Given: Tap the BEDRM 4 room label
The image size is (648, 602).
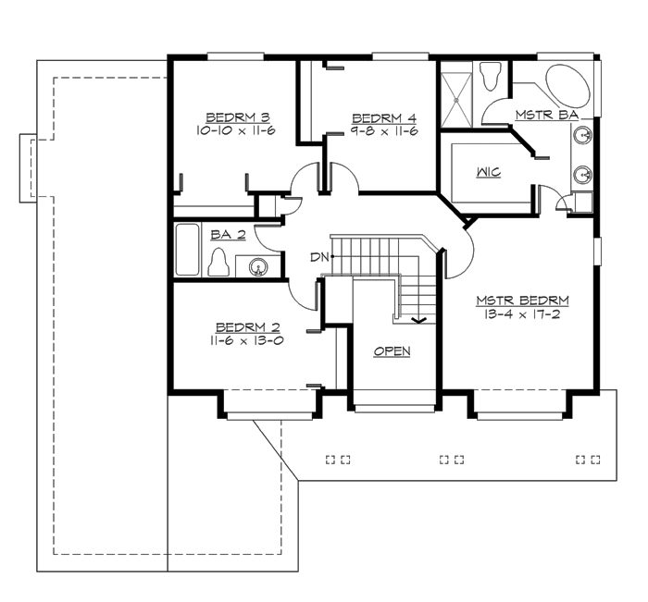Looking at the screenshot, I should pos(384,117).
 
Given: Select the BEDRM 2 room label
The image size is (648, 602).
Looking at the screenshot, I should pos(242,327).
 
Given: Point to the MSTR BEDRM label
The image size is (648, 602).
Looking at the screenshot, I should pos(522,301).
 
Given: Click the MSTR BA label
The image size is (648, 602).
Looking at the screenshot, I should pos(547,114).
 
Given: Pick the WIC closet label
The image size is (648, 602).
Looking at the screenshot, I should pos(489,173).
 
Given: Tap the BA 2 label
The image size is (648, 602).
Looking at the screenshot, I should pos(227,235).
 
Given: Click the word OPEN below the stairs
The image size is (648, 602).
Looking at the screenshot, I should pos(392,351).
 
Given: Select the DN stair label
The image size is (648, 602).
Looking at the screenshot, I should pos(319,256).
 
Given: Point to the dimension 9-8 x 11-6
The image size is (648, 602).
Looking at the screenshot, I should pos(384,131).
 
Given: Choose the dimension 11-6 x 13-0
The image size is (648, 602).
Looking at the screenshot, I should pos(242,340).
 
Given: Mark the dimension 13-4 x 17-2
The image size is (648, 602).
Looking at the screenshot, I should pos(522,314).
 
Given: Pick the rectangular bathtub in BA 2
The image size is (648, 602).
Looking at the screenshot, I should pos(188,250).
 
